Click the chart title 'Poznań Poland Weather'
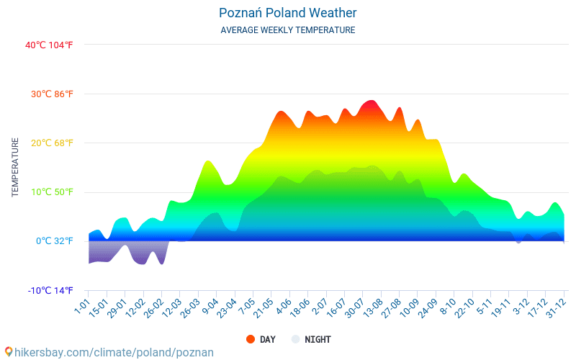288,13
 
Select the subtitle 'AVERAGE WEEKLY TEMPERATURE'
288,30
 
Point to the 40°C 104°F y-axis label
49,45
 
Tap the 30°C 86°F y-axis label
52,94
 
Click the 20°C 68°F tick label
52,143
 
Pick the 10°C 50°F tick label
52,192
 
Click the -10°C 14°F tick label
50,291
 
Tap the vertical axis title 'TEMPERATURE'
15,168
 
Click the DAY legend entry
260,339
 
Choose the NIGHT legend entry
311,339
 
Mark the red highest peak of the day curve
370,102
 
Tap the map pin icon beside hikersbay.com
8,351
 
